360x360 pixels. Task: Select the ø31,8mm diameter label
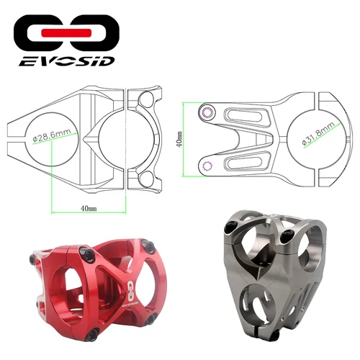pos(318,131)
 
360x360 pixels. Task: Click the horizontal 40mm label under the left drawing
pos(88,209)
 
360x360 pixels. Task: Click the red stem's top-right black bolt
pos(150,246)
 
